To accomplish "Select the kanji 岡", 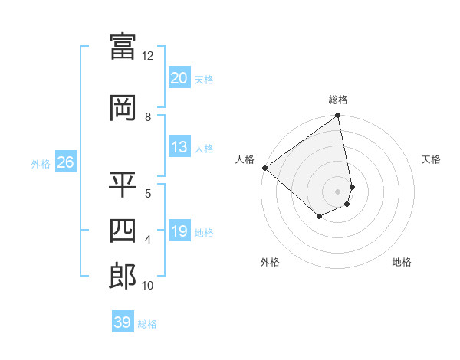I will pos(123,108).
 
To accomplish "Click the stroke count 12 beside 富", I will pos(148,56).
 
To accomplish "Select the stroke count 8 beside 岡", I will pos(148,117).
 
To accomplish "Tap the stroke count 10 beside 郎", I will pos(148,286).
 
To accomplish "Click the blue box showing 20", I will pos(179,78).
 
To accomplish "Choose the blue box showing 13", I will pos(179,147).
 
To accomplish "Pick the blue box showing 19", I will pos(179,231).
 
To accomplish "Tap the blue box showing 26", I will pos(65,162).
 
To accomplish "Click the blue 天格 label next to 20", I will pos(204,80).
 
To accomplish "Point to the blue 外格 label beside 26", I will pos(41,163).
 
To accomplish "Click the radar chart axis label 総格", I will pos(338,100).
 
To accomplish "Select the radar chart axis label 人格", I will pos(245,159).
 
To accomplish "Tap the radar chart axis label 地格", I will pos(402,262).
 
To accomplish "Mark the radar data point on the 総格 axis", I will pos(337,116).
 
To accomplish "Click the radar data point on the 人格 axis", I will pos(264,168).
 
